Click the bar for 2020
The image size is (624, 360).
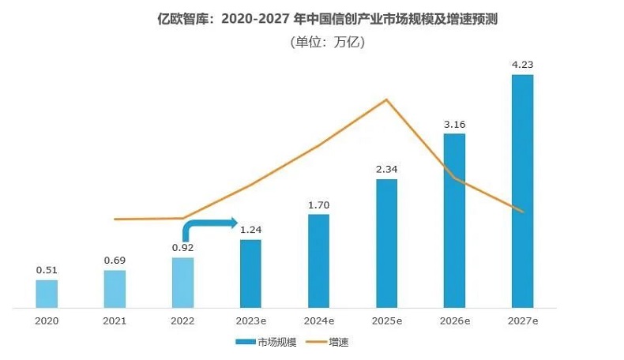tap(47, 293)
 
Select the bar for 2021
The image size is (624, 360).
tap(115, 288)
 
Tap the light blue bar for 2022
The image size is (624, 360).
tap(182, 282)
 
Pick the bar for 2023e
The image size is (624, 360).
tap(250, 273)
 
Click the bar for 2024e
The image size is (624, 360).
tap(318, 261)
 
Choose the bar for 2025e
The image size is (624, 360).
tap(386, 243)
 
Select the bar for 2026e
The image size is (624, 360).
tap(454, 220)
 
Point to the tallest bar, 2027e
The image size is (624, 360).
tap(522, 191)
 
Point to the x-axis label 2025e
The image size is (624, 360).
tap(386, 322)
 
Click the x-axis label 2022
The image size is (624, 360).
tap(182, 322)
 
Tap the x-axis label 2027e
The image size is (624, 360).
tap(522, 322)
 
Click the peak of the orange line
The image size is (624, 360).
tap(385, 99)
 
